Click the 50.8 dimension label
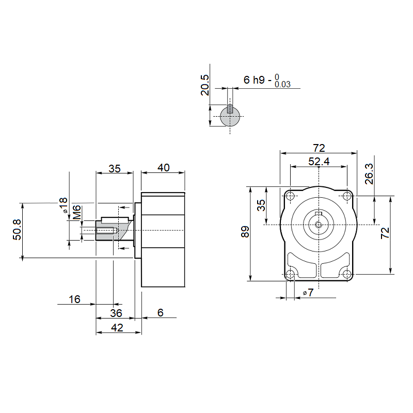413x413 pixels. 17,230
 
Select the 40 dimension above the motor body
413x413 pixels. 163,168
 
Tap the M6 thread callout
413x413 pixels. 76,212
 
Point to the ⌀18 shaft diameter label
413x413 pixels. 63,205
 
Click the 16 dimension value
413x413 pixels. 74,299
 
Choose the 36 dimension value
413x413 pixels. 116,313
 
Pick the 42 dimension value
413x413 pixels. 117,328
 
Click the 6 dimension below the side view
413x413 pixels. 161,313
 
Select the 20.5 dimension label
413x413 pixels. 205,85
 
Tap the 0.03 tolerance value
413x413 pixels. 282,84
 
